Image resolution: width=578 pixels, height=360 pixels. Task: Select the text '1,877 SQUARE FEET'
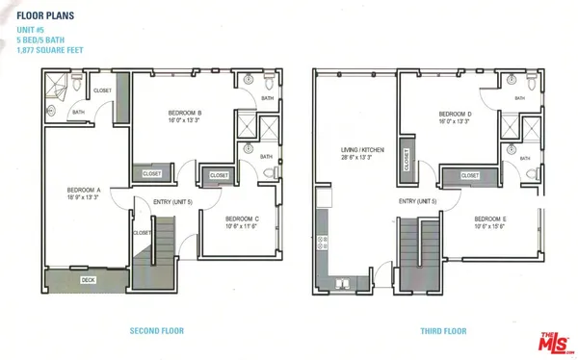[x=49, y=49]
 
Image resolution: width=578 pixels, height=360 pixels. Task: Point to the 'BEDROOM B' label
[x=185, y=113]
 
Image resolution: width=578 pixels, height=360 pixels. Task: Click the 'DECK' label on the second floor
[x=88, y=280]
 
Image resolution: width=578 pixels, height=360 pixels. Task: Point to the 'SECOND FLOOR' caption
[x=157, y=331]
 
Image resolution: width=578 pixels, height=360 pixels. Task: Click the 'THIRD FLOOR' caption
[x=443, y=331]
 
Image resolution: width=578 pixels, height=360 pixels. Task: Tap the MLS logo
[x=552, y=340]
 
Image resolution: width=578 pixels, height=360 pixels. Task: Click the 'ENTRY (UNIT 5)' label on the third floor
[x=418, y=201]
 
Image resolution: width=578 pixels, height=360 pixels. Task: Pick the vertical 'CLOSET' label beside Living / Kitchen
[x=407, y=161]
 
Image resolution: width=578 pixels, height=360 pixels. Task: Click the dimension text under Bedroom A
[x=85, y=197]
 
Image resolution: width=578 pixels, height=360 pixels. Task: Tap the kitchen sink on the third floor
[x=343, y=283]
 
